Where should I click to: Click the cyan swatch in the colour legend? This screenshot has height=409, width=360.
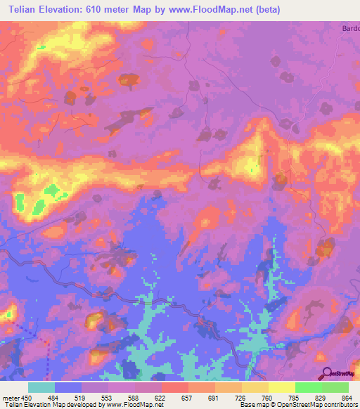pos(41,387)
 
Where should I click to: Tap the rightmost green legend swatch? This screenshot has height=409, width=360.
pos(335,387)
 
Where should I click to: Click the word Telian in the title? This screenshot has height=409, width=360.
pos(26,9)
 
